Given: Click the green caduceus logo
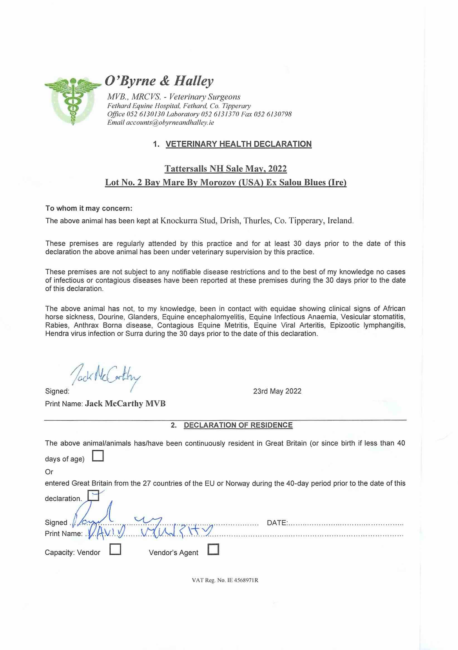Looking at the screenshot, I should (x=73, y=101).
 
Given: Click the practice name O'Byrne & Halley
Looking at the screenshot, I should (x=159, y=81).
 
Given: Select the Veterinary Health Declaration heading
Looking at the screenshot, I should (x=238, y=144).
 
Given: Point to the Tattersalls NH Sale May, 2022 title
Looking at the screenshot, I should (x=226, y=169).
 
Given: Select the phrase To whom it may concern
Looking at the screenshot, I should (x=89, y=208).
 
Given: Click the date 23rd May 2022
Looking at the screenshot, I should (x=277, y=391).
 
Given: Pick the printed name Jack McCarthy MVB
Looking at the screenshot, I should (x=125, y=403).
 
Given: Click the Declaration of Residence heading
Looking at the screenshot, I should (x=238, y=425).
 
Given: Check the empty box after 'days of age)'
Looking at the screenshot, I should (x=98, y=456).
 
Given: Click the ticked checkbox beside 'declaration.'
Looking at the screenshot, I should (x=93, y=495).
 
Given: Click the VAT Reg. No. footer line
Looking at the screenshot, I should (x=225, y=580).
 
